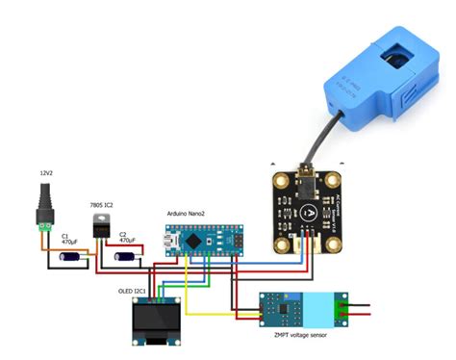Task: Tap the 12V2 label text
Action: click(45, 173)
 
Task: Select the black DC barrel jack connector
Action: click(44, 206)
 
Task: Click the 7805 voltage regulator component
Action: click(100, 225)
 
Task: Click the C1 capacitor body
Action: click(70, 257)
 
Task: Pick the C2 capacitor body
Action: click(126, 257)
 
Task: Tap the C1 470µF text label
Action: click(70, 239)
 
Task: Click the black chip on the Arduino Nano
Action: click(196, 242)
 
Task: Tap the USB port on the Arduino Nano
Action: click(169, 242)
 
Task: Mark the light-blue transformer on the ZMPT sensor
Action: click(316, 307)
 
